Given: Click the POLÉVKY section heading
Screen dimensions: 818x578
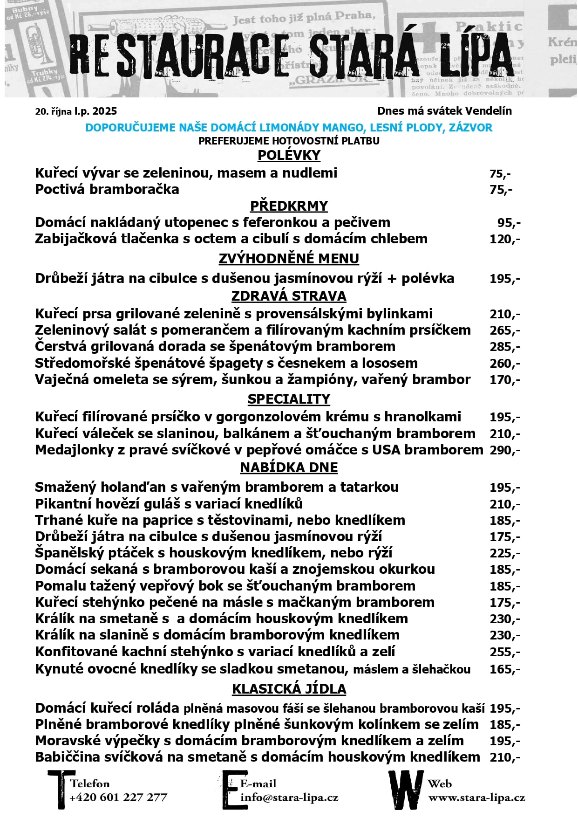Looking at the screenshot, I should point(289,155).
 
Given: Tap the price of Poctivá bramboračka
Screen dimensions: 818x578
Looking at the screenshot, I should point(501,190).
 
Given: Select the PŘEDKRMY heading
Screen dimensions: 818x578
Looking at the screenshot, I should point(289,206).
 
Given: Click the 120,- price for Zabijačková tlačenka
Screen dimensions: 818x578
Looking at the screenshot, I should point(504,240).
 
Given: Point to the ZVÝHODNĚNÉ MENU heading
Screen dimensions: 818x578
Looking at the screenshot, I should point(289,259).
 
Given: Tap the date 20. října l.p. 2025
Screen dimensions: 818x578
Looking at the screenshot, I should point(76,111).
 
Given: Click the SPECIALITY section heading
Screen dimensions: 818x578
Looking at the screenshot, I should point(289,399).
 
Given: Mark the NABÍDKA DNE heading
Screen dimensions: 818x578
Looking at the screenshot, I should point(289,467).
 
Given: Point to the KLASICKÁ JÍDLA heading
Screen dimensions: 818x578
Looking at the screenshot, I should point(289,689).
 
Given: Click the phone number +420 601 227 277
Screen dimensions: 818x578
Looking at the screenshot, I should point(118,797).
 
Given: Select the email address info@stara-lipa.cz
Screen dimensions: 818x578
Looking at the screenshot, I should point(289,797).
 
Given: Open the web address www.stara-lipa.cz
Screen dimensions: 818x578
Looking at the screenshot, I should point(476,797).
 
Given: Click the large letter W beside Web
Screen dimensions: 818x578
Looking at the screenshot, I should point(406,790).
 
